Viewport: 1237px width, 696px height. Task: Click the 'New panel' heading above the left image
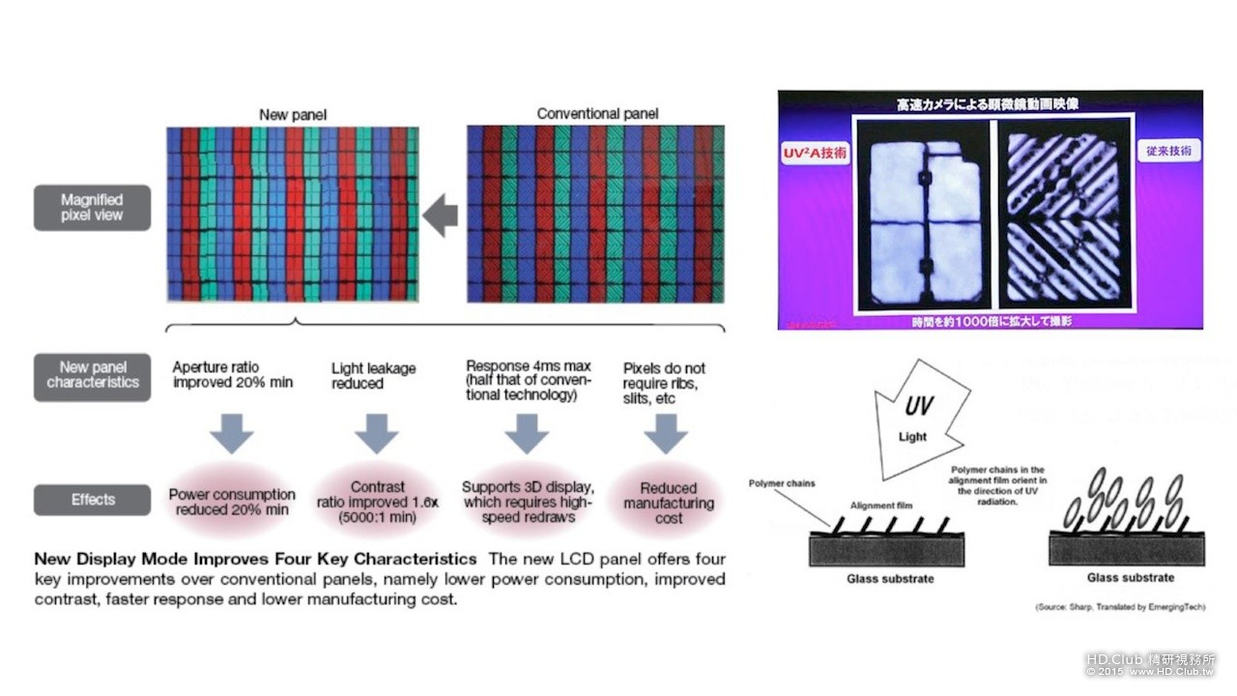pos(293,115)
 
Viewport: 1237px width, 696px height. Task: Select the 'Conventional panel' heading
pos(597,114)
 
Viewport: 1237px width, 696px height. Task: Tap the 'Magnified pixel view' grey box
pos(92,208)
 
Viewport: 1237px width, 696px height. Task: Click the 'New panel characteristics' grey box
pos(92,375)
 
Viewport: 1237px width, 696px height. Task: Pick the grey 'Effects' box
pos(92,500)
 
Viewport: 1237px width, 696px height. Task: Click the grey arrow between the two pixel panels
pos(441,214)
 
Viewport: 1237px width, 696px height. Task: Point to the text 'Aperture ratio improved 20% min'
pos(232,375)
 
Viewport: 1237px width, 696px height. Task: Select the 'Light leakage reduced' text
pos(373,376)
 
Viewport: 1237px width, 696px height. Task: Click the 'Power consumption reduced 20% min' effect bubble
pos(231,502)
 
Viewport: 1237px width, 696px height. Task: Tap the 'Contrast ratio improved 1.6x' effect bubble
pos(378,502)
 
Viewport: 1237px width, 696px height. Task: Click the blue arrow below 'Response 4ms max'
pos(526,433)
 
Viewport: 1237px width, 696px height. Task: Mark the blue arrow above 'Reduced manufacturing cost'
pos(665,433)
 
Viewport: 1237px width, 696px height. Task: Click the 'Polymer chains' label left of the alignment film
pos(782,482)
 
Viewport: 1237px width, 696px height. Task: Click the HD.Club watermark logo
pos(1150,664)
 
